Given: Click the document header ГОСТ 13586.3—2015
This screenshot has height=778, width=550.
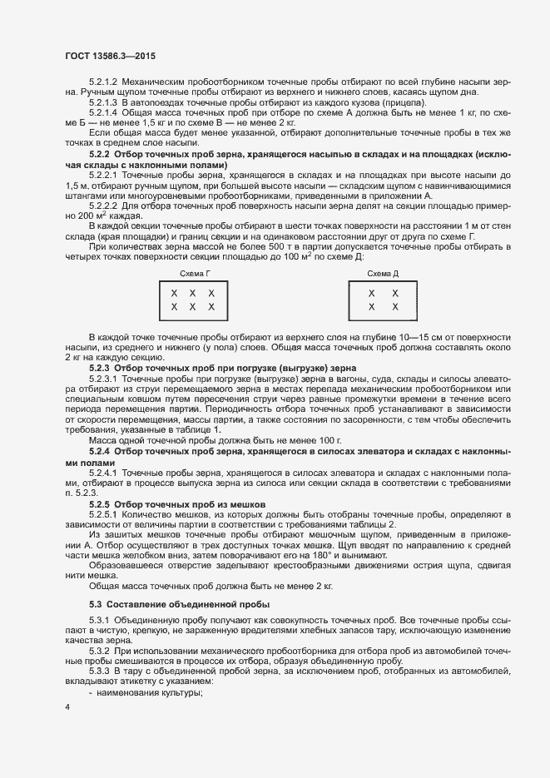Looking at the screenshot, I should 110,56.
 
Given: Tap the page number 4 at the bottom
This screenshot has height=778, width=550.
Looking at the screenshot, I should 67,706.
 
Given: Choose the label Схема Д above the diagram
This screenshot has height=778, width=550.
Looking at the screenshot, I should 383,273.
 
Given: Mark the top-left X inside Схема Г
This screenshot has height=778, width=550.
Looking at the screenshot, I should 174,294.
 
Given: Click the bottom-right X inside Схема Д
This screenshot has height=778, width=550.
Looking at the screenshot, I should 394,307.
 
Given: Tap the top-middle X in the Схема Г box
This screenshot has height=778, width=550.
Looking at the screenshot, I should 193,294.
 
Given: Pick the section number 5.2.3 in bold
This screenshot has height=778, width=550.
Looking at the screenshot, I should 99,367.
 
